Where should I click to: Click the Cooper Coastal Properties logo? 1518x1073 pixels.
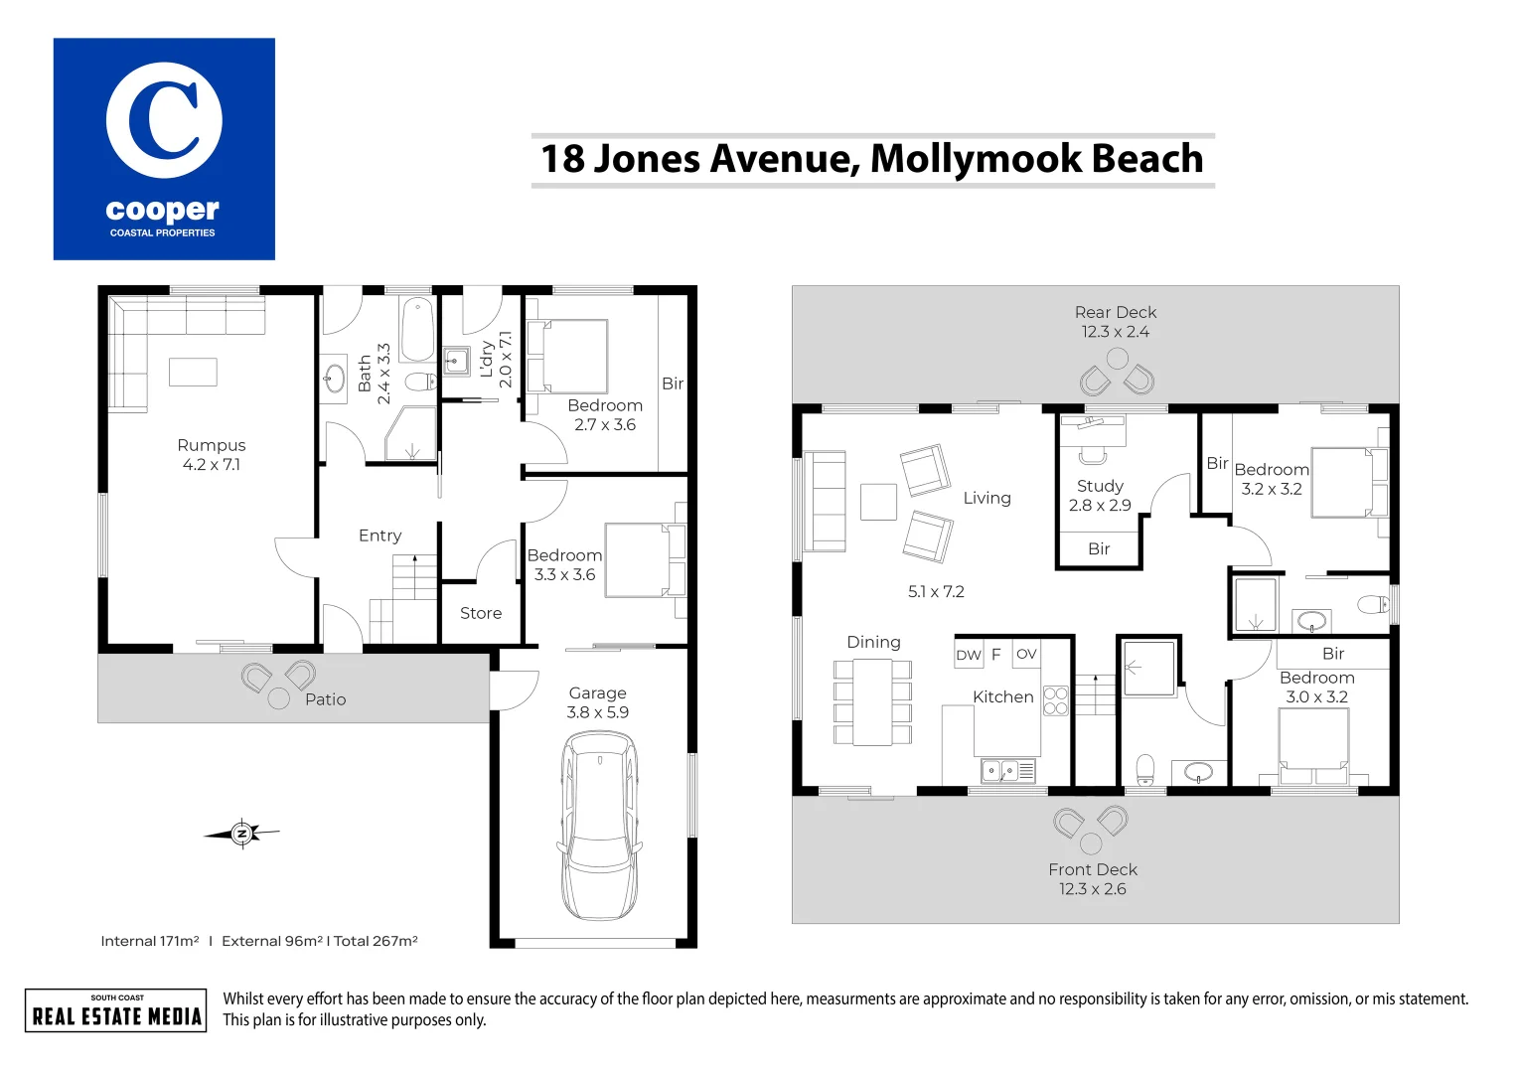[164, 149]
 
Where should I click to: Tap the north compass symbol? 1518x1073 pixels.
[241, 834]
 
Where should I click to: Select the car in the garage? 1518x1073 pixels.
[598, 825]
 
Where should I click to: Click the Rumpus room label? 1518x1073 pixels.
[212, 445]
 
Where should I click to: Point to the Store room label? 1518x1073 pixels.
[481, 614]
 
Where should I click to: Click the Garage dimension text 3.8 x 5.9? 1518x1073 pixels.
[597, 712]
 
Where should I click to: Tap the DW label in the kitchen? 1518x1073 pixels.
[968, 655]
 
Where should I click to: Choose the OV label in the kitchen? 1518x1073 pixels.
[1026, 654]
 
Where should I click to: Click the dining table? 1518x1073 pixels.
[872, 701]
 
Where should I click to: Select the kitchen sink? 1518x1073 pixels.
[1000, 770]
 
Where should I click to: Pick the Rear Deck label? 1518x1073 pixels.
[1115, 312]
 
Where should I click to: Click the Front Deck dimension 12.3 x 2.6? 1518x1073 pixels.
[1092, 889]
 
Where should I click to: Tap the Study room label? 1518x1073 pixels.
[1100, 486]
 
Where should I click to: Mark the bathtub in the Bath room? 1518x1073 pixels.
[417, 329]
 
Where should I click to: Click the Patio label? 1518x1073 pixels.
[325, 699]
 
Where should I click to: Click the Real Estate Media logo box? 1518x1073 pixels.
[116, 1010]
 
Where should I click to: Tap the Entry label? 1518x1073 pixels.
[379, 536]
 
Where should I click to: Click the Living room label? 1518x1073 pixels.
[987, 498]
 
